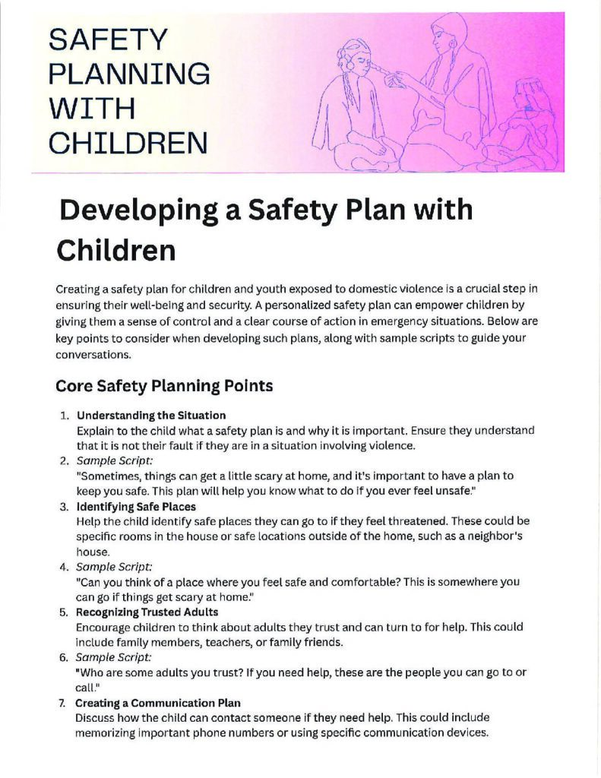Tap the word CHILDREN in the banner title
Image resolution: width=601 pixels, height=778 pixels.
[x=128, y=142]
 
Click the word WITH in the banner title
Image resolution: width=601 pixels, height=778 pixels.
[x=91, y=108]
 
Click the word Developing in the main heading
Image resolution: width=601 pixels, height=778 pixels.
[x=133, y=210]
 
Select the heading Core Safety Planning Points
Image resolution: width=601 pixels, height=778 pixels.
[x=164, y=386]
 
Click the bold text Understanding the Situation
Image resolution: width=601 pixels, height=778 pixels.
[x=151, y=416]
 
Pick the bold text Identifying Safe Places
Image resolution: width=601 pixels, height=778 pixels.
[x=136, y=506]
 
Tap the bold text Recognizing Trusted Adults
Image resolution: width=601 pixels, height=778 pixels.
[x=147, y=612]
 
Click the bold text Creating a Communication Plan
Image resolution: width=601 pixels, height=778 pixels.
[x=157, y=703]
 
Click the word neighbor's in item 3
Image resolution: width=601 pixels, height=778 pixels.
[x=497, y=536]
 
